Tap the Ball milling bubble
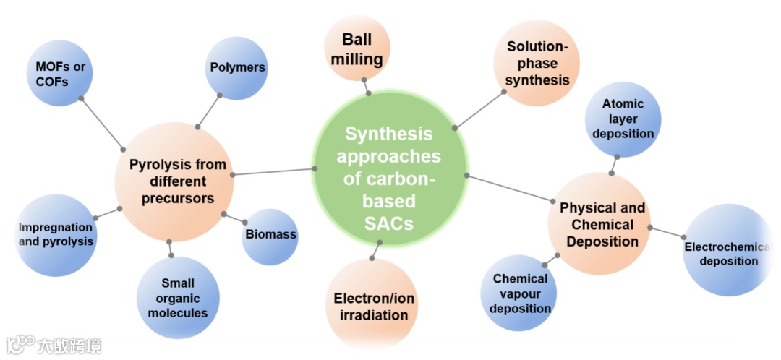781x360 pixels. pos(357,49)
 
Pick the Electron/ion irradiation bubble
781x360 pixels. pos(373,306)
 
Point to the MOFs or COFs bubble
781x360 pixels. pos(61,74)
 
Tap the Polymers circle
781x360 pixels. pos(238,68)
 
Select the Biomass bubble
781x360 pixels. pos(270,235)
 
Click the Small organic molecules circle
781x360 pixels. pos(178,298)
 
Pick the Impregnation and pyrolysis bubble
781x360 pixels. pos(55,234)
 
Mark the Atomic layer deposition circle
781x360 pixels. pos(623,119)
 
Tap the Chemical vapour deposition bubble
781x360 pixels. pos(520,293)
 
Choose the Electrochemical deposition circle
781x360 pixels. pos(727,253)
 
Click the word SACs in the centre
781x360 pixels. pos(389,223)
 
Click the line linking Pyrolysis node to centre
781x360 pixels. pos(274,171)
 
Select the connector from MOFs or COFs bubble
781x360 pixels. pos(102,121)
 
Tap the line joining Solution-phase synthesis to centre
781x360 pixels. pos(479,110)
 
